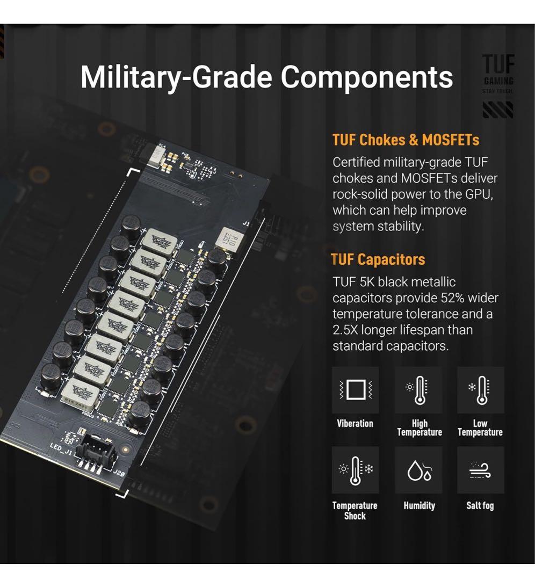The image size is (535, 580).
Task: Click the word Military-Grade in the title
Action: [177, 77]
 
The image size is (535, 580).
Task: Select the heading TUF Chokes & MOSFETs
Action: [406, 140]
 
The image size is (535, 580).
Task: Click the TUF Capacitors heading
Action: [378, 259]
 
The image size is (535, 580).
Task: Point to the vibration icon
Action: [355, 390]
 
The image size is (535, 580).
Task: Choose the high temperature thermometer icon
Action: [418, 390]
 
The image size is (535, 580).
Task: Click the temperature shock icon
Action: [355, 470]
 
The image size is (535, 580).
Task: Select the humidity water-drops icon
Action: [418, 470]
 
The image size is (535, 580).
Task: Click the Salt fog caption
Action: [480, 506]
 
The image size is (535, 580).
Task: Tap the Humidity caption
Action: [419, 506]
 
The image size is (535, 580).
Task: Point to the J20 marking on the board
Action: [119, 473]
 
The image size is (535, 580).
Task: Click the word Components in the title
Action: [367, 77]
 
